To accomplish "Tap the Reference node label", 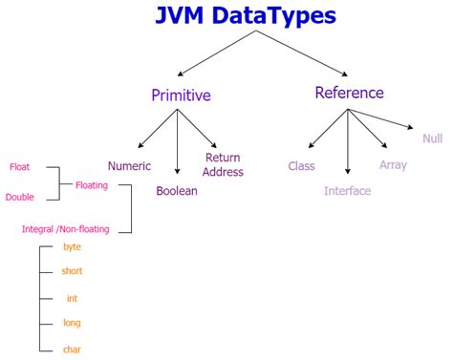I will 349,93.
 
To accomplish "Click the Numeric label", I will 129,165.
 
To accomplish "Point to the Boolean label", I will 177,191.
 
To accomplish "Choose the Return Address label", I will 224,164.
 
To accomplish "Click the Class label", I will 301,165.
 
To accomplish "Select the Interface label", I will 347,191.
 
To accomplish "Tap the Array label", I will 393,165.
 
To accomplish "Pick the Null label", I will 432,138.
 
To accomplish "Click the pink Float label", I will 19,167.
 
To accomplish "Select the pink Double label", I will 20,197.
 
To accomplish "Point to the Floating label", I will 92,184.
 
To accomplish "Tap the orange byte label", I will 72,246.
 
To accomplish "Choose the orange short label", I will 72,271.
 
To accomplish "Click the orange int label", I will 72,297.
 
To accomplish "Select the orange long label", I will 72,323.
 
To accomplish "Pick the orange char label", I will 72,349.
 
